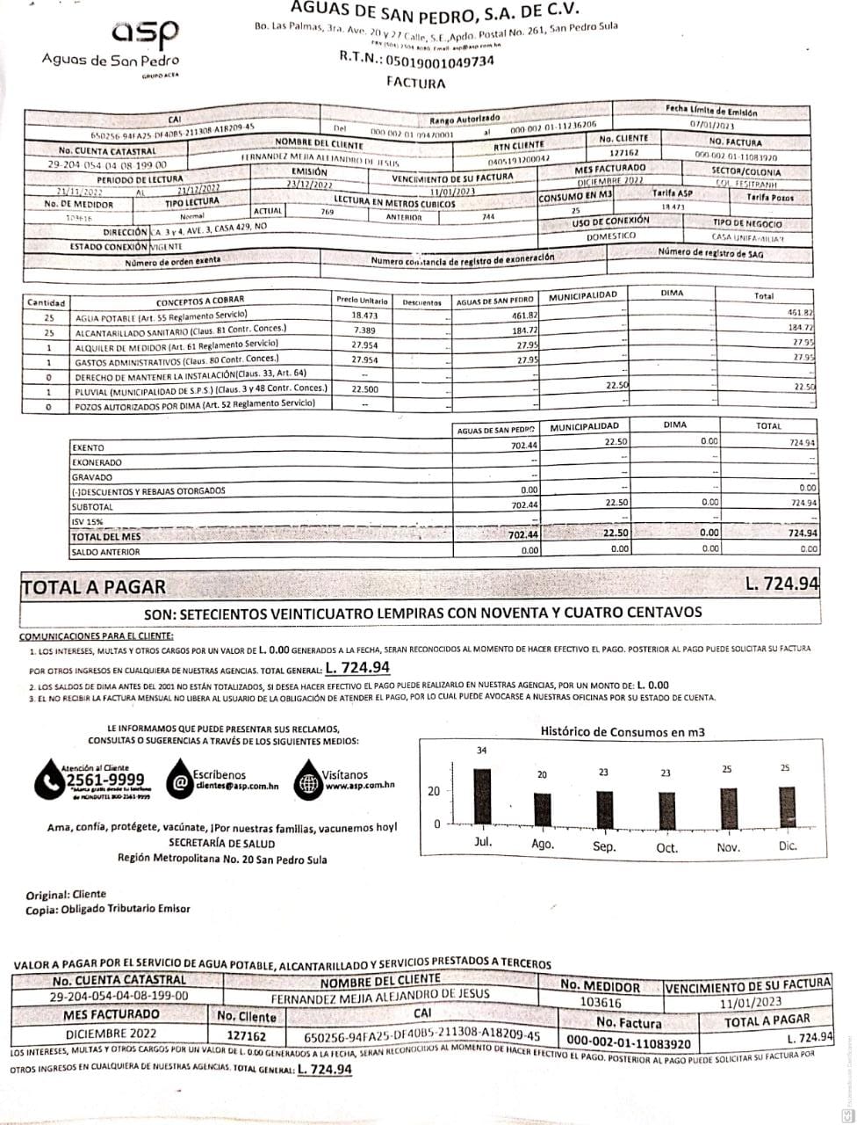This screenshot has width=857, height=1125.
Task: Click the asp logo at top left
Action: (x=146, y=33)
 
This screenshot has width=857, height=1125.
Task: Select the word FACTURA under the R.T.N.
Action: (x=415, y=83)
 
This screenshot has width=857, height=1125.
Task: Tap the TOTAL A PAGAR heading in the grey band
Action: (x=93, y=586)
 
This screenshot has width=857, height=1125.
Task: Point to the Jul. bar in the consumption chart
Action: (x=481, y=795)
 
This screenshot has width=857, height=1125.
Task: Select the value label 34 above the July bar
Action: (x=481, y=750)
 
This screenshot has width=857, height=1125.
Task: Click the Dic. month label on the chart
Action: (x=787, y=846)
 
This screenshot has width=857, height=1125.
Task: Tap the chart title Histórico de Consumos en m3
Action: (x=623, y=731)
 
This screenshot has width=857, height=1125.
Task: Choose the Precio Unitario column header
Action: (x=362, y=301)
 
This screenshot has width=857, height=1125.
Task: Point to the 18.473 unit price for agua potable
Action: (x=364, y=315)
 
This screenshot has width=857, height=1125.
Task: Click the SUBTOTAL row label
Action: (x=92, y=507)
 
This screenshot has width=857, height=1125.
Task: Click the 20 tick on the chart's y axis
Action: (x=434, y=791)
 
